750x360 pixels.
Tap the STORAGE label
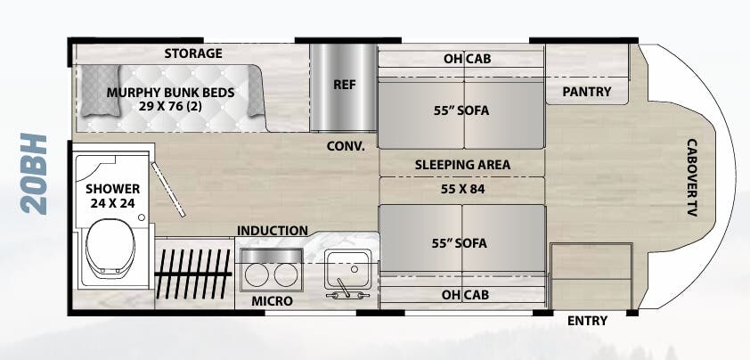click(x=192, y=53)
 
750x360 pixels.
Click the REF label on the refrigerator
click(x=345, y=86)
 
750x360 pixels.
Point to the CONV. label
click(x=346, y=145)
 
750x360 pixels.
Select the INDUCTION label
click(x=273, y=231)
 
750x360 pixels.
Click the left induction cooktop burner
click(x=259, y=272)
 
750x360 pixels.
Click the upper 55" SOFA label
click(x=461, y=110)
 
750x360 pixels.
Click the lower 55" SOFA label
click(x=461, y=241)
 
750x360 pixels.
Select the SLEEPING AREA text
click(x=462, y=165)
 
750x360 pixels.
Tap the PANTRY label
click(x=587, y=92)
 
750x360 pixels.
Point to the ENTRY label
click(x=587, y=321)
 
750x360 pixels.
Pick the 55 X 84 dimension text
click(x=461, y=189)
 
